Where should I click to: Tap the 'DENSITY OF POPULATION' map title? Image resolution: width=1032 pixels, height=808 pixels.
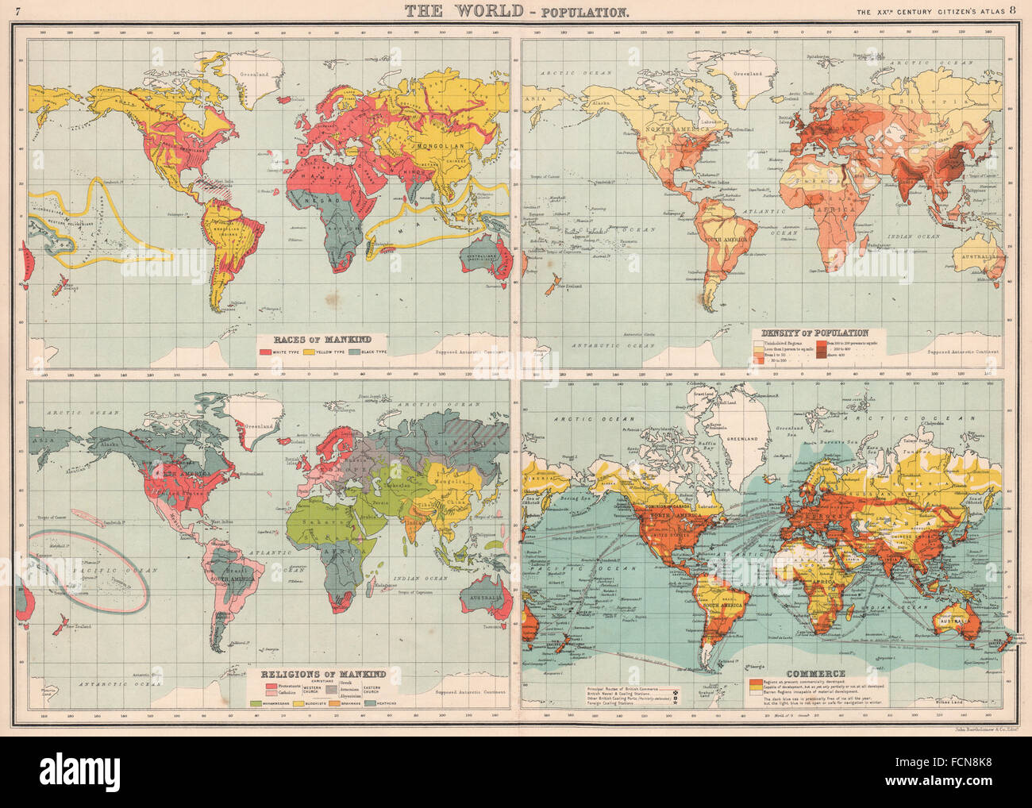click(x=814, y=333)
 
